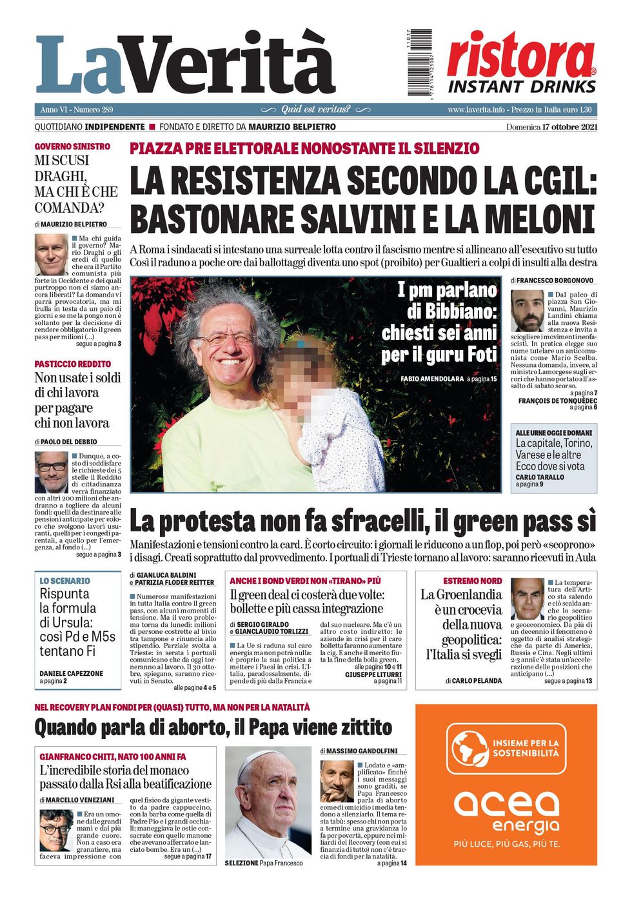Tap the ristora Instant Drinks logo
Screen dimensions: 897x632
(521, 63)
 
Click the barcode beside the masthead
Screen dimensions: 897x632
(420, 63)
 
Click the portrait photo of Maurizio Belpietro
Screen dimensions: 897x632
(52, 255)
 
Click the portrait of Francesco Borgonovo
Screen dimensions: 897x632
(528, 311)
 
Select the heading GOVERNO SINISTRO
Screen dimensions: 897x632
(72, 146)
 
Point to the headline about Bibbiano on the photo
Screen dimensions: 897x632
(440, 322)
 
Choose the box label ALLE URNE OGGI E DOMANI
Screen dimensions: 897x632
(553, 432)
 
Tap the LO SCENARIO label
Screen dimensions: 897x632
(64, 580)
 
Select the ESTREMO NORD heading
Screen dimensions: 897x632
(472, 580)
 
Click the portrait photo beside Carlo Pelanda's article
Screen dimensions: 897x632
(527, 598)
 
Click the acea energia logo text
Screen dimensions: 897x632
(506, 811)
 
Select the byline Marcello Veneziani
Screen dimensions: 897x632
(80, 800)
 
